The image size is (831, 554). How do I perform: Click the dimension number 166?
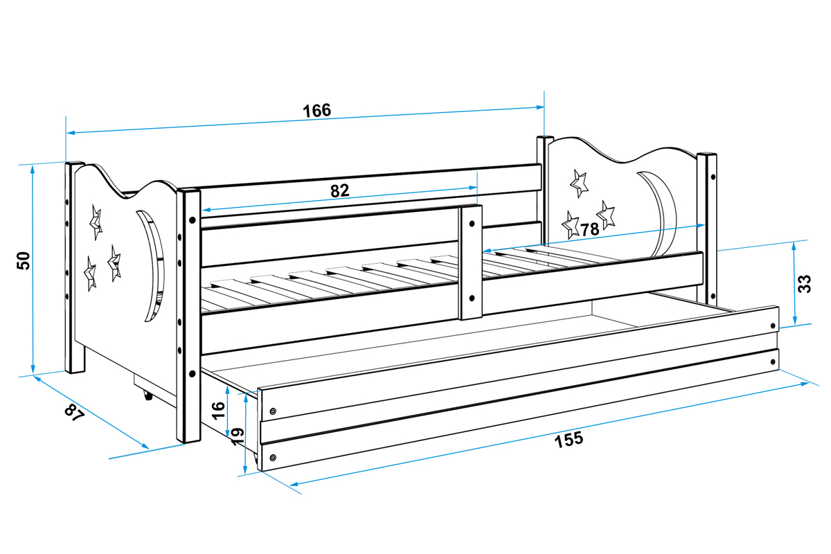point(316,111)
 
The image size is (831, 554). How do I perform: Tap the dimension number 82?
point(339,191)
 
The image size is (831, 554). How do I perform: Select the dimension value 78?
point(589,229)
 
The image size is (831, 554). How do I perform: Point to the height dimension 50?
point(24,261)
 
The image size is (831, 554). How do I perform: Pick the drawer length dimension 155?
point(569,439)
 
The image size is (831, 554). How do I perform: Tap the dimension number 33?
point(804,283)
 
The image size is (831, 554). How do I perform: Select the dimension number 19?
point(237,436)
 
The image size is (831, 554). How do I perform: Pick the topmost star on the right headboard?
point(579,183)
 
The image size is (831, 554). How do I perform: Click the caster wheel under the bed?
point(147,396)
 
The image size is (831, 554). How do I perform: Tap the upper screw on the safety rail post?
point(471,224)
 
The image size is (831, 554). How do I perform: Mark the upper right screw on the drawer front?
point(772,326)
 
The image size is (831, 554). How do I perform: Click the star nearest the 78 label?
point(571,224)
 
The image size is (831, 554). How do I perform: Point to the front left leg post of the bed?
point(189,315)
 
